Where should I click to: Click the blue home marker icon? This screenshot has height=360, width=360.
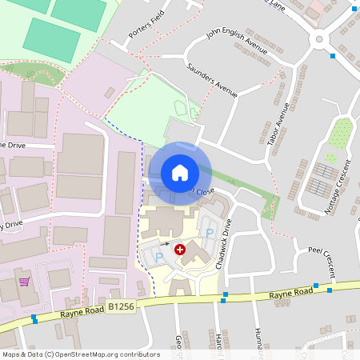pyautogui.click(x=179, y=172)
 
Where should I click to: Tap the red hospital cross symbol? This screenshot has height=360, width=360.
pyautogui.click(x=180, y=250)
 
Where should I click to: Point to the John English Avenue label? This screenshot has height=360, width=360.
pyautogui.click(x=237, y=41)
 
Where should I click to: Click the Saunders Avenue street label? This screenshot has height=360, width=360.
pyautogui.click(x=212, y=80)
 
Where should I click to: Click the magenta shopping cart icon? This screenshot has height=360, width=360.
pyautogui.click(x=25, y=281)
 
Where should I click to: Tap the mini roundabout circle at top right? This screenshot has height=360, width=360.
pyautogui.click(x=321, y=38)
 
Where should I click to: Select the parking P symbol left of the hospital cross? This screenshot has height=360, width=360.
pyautogui.click(x=159, y=256)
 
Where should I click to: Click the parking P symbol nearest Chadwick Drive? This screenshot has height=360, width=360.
pyautogui.click(x=210, y=233)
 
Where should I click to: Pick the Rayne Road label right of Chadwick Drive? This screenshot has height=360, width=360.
pyautogui.click(x=289, y=295)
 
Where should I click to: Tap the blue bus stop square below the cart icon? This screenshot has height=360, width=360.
pyautogui.click(x=34, y=319)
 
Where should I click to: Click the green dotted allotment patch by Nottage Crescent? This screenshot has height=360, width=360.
pyautogui.click(x=339, y=134)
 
